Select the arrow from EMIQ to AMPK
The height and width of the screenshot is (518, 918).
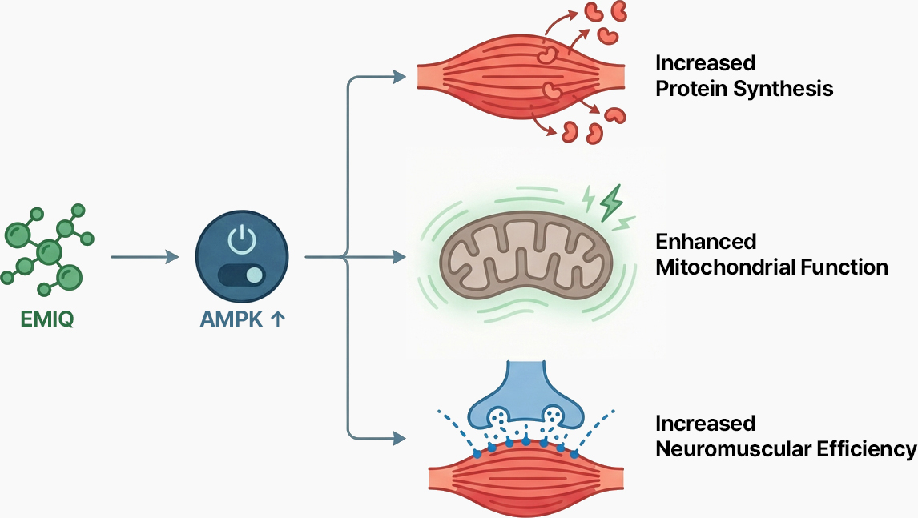(x=144, y=257)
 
